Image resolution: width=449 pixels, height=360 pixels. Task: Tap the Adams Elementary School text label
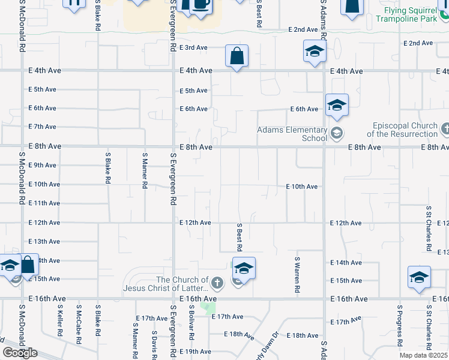click(292, 134)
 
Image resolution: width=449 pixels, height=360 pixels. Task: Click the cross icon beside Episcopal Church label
click(445, 128)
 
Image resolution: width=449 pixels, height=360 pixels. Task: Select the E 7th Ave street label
click(42, 127)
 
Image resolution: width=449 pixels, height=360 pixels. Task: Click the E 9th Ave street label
click(42, 165)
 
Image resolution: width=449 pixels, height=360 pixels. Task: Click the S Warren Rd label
click(297, 276)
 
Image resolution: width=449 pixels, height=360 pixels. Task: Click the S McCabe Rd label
click(79, 324)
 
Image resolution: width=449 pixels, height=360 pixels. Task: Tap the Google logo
click(20, 353)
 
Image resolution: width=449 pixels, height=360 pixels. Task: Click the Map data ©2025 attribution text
click(423, 355)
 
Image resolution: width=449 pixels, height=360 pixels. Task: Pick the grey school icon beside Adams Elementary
click(337, 134)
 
